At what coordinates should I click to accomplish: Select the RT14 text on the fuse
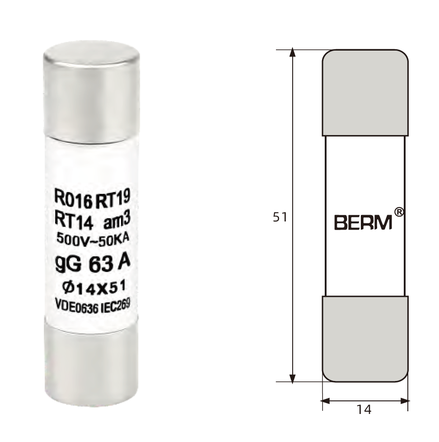click(74, 221)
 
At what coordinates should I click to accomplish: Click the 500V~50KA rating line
click(93, 239)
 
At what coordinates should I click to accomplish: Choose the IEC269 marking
click(115, 306)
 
